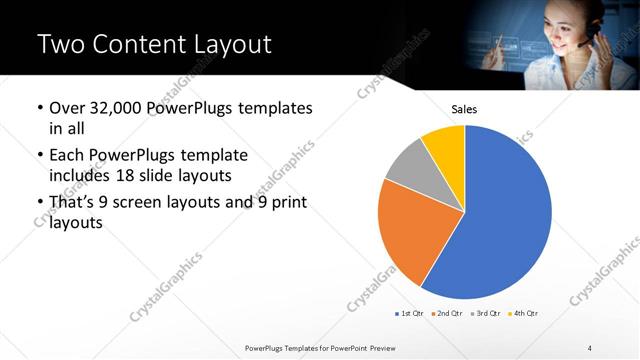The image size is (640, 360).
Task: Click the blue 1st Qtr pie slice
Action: (x=505, y=215)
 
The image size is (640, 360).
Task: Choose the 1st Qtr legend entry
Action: (x=409, y=313)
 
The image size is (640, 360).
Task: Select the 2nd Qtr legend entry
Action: (x=446, y=313)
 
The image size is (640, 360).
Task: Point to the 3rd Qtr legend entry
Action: (x=485, y=313)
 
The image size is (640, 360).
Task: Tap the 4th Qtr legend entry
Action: (x=523, y=313)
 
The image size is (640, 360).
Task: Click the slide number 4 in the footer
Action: (x=590, y=347)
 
